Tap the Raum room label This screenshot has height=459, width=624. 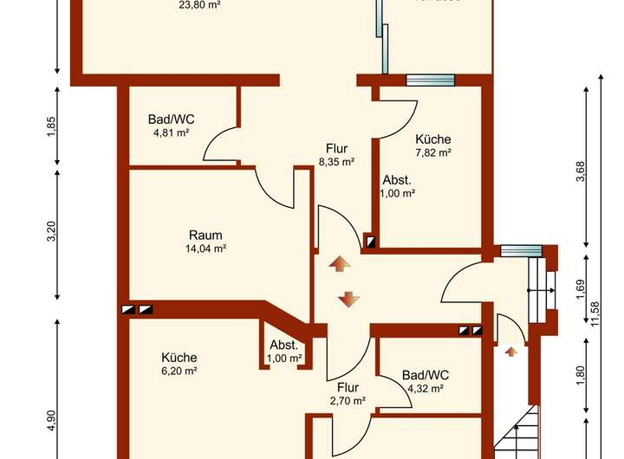205,235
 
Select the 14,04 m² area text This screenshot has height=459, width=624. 205,249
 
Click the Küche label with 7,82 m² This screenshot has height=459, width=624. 432,139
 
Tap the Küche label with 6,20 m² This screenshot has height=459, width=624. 179,357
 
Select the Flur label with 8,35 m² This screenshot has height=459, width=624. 336,148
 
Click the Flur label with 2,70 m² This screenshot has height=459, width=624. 348,387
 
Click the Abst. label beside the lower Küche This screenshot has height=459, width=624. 283,345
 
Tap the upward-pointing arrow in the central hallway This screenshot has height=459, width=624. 338,263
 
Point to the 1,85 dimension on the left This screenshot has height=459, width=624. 51,126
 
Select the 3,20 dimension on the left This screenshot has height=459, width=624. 51,232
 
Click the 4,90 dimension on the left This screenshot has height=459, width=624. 51,420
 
